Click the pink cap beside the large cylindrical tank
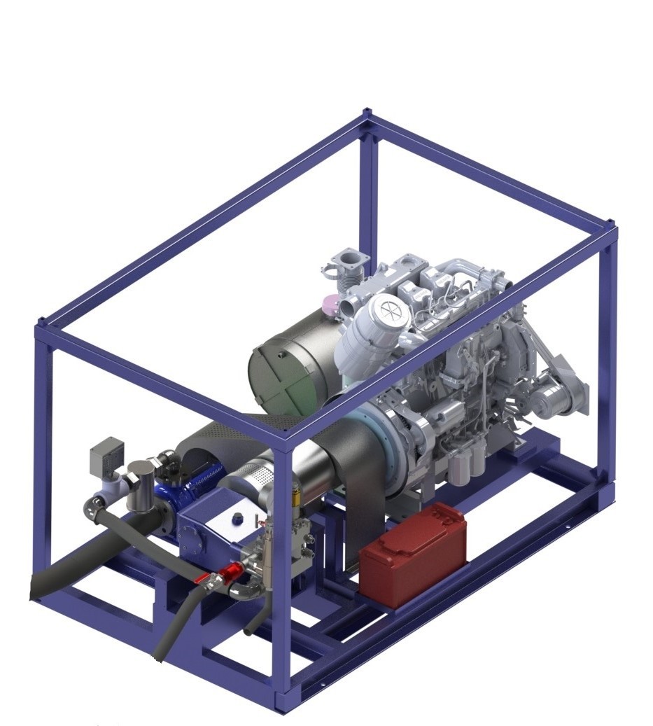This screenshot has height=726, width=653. coord(326,305)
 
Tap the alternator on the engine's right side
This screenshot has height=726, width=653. coord(549,403)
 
